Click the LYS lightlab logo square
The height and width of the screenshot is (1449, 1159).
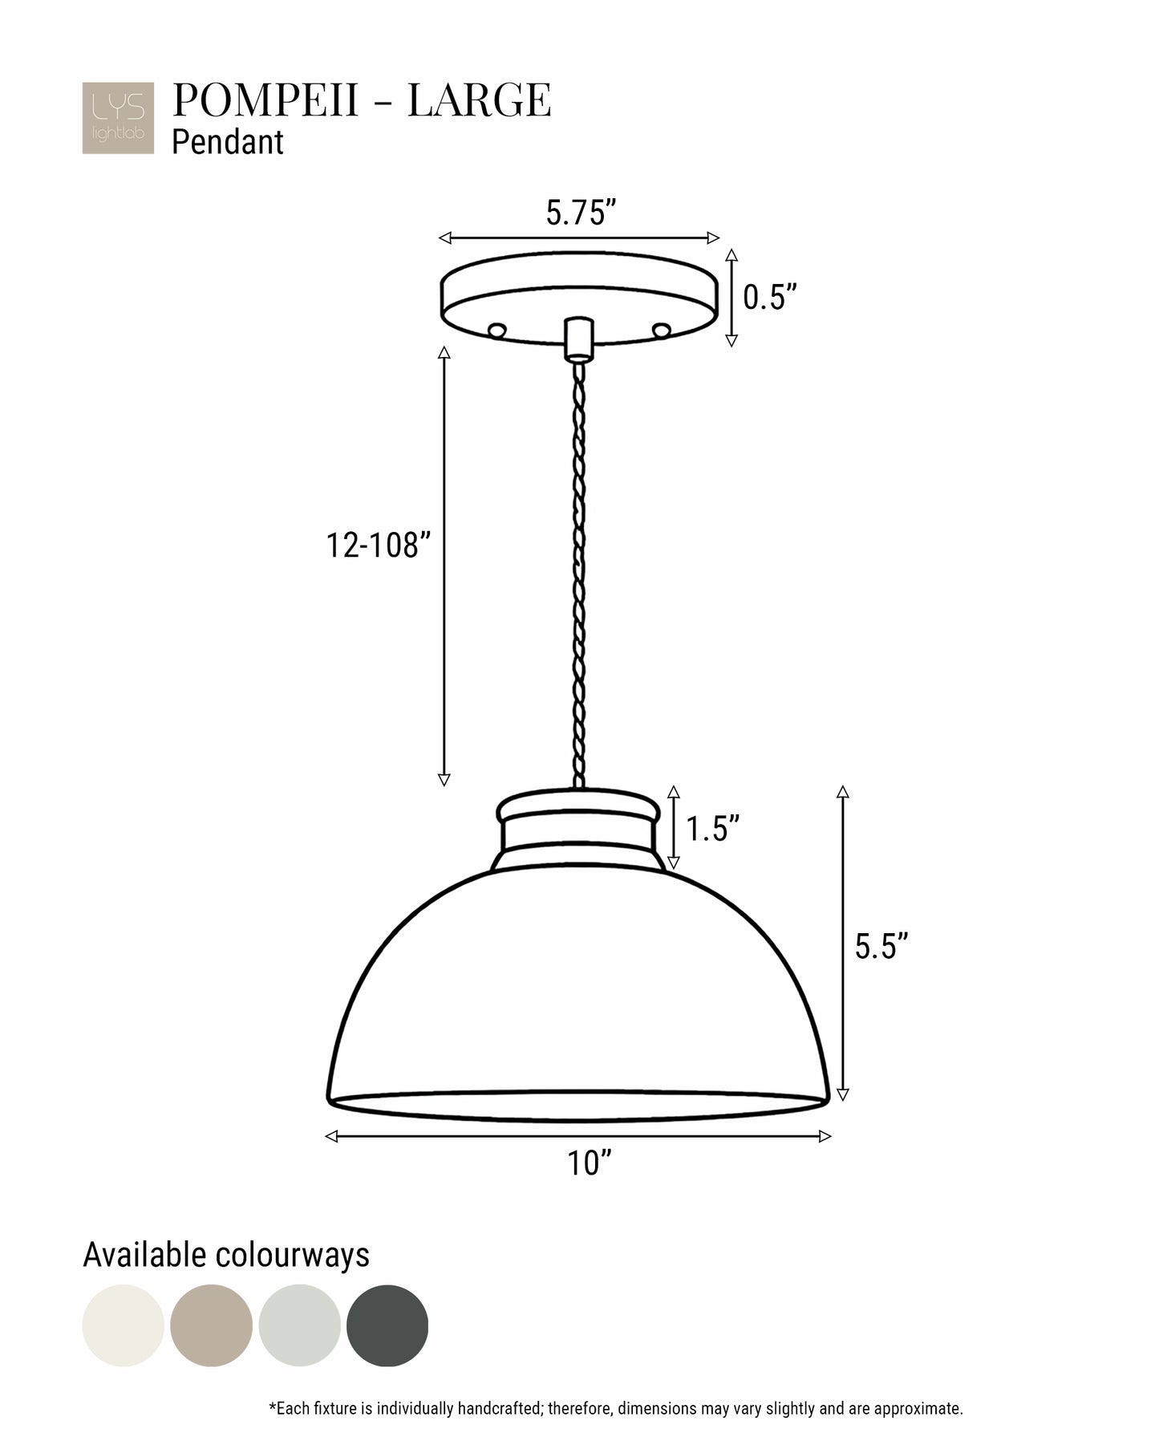click(x=117, y=118)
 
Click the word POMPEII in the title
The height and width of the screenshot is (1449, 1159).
click(x=265, y=100)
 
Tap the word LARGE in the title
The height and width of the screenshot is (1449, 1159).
click(x=479, y=100)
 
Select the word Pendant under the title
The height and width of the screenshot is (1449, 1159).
click(x=228, y=142)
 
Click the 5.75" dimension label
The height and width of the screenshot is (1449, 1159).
click(x=581, y=213)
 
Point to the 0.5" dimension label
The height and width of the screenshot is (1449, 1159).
click(x=769, y=297)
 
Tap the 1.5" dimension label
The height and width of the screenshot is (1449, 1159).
click(x=712, y=828)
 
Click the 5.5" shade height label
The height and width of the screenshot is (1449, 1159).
click(x=881, y=946)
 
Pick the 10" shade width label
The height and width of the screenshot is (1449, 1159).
click(x=590, y=1163)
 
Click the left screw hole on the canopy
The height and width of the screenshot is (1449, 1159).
click(x=497, y=330)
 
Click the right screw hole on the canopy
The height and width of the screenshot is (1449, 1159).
click(x=661, y=330)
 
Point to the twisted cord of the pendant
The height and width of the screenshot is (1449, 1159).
click(x=578, y=562)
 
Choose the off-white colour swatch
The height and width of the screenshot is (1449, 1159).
click(x=123, y=1325)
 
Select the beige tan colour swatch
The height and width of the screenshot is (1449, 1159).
click(x=211, y=1325)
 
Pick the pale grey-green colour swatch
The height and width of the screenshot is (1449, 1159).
click(x=299, y=1325)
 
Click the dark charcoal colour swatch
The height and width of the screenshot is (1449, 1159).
click(x=387, y=1325)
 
